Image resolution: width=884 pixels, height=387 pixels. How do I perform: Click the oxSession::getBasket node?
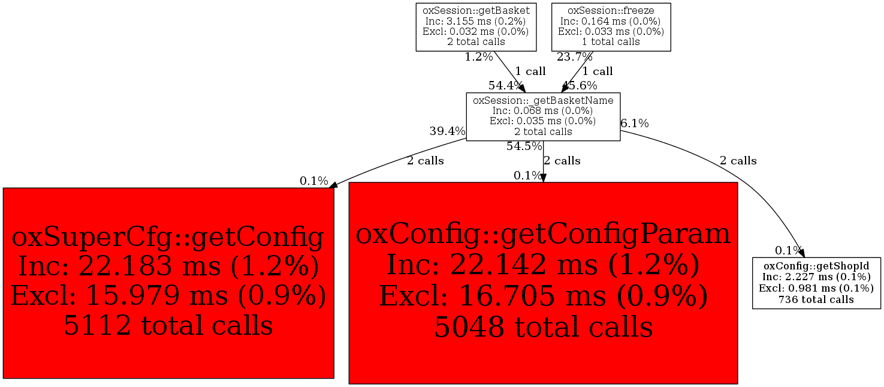tap(476, 27)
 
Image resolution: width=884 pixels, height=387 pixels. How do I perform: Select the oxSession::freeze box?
tap(611, 27)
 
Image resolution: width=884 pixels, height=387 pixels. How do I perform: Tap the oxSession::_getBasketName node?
tap(543, 116)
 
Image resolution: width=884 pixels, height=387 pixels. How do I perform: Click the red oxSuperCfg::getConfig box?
tap(168, 283)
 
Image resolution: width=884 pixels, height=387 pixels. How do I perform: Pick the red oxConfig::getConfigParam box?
tap(543, 283)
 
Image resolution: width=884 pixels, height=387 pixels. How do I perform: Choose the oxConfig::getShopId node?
tap(816, 283)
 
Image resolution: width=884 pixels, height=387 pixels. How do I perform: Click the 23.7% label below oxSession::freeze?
tap(575, 57)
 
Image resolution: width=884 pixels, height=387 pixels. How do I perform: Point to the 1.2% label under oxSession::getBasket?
tap(479, 57)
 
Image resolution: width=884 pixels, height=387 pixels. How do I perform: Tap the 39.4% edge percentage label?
tap(448, 131)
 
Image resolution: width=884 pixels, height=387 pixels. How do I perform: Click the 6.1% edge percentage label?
tap(635, 124)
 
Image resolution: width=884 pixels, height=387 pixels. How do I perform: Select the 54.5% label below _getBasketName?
tap(524, 146)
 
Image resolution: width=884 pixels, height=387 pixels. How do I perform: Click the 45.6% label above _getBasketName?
tap(580, 85)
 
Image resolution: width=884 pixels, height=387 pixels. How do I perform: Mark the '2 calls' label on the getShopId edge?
tap(738, 161)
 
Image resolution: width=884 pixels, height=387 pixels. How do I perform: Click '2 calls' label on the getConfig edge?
tap(426, 161)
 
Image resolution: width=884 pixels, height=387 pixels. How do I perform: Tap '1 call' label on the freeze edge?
tap(598, 71)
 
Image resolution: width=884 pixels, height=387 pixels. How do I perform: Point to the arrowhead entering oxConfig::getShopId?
tap(801, 253)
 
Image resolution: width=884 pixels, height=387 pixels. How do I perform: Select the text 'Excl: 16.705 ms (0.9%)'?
tap(543, 296)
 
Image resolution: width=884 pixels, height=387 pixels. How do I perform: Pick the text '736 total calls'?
tap(816, 299)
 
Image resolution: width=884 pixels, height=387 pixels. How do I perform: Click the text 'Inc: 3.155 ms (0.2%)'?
tap(476, 21)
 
